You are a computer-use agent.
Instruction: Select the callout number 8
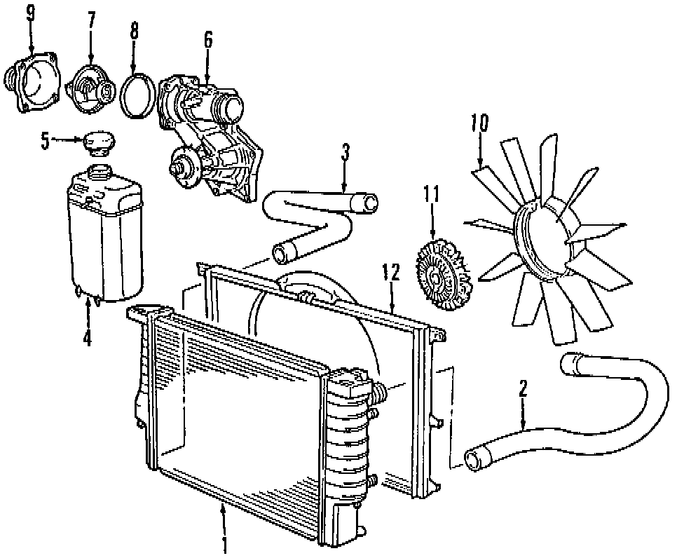coord(135,32)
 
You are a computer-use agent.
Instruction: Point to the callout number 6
coord(207,40)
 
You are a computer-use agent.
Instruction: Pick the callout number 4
coord(87,339)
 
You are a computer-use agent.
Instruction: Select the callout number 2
coord(523,388)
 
